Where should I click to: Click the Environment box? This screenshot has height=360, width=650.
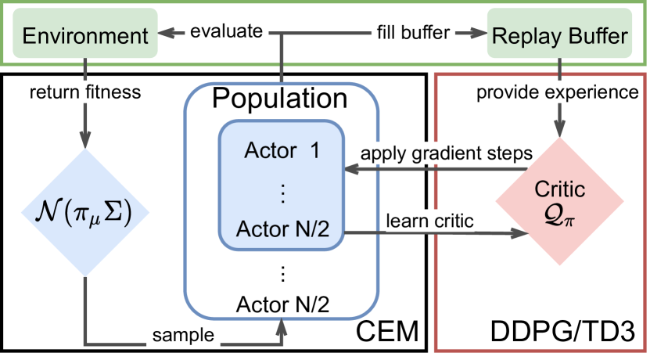pyautogui.click(x=84, y=36)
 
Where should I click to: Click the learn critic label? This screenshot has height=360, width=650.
pyautogui.click(x=429, y=221)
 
